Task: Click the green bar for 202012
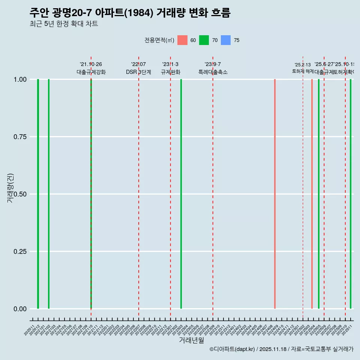(38, 194)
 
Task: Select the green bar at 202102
(49, 194)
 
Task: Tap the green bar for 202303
(181, 194)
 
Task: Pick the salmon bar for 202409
(275, 194)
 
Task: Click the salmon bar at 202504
(312, 194)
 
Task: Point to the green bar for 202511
(351, 194)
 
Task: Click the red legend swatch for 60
(182, 40)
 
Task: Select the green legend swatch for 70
(204, 40)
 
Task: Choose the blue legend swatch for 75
(226, 40)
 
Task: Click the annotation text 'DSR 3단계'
(138, 72)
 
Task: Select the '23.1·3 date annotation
(170, 64)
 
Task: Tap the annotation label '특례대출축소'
(213, 72)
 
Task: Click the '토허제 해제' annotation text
(303, 71)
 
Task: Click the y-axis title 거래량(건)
(10, 188)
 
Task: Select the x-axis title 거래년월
(191, 340)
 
